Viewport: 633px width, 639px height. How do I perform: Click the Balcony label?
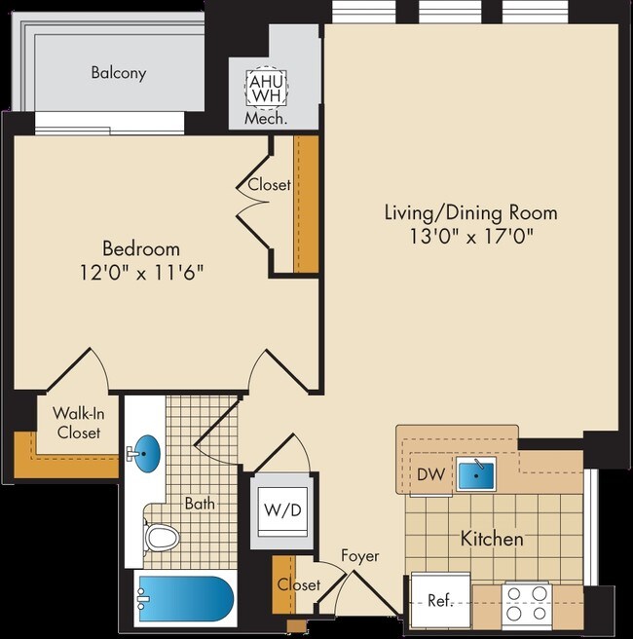click(x=119, y=73)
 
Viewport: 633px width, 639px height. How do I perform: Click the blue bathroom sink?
click(x=147, y=452)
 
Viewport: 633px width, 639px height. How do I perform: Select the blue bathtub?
click(x=185, y=597)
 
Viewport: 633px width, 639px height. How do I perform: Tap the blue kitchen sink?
click(x=477, y=474)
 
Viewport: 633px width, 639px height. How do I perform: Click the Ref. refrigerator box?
click(x=440, y=600)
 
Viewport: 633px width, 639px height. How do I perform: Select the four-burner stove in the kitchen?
click(x=527, y=597)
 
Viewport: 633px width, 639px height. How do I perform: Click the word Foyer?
click(x=359, y=556)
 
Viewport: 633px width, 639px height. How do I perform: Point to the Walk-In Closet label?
click(x=78, y=423)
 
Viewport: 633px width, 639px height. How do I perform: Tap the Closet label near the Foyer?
click(x=298, y=584)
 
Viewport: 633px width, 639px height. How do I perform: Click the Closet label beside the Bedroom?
click(x=269, y=184)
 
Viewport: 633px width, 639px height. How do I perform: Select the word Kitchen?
click(x=492, y=538)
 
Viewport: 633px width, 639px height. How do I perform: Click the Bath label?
click(x=200, y=504)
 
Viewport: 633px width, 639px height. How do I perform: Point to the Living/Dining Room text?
click(x=470, y=212)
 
